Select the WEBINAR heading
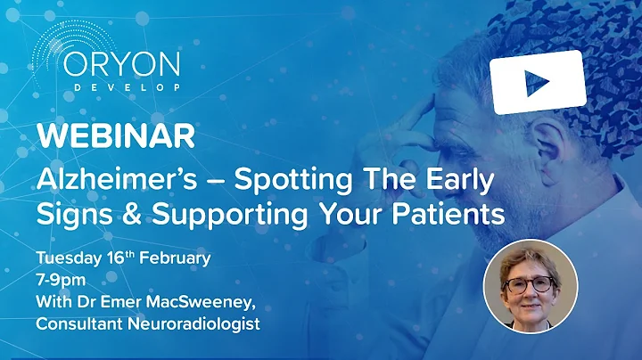click(115, 137)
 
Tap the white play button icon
click(537, 82)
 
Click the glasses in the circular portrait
click(530, 286)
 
